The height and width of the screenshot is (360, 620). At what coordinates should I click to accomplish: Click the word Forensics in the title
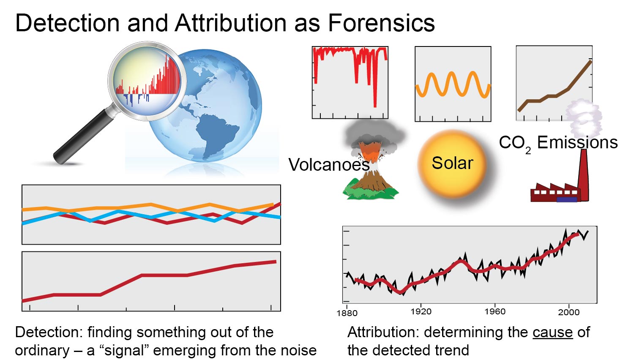click(381, 23)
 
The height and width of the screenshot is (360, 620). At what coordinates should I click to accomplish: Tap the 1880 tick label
click(347, 313)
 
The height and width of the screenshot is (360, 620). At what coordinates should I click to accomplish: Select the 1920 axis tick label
click(421, 311)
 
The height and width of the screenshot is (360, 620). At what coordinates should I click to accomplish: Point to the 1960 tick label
click(495, 311)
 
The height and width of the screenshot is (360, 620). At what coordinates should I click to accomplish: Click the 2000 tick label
click(569, 312)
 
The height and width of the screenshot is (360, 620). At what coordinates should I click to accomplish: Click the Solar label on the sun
click(452, 163)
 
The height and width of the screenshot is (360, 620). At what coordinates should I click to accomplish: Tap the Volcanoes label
click(329, 165)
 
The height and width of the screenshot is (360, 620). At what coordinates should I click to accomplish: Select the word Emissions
click(577, 142)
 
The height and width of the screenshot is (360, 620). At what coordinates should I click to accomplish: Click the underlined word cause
click(552, 333)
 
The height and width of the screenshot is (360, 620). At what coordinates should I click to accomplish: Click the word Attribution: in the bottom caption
click(383, 332)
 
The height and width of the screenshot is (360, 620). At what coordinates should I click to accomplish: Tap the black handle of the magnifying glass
click(82, 137)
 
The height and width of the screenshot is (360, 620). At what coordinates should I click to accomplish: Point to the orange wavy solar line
click(453, 85)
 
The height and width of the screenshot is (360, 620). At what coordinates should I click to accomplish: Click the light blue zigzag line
click(151, 216)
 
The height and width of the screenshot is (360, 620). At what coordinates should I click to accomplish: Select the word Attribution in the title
click(231, 23)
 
